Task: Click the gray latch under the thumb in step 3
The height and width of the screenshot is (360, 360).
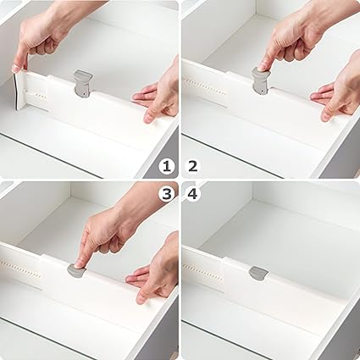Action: (75, 271)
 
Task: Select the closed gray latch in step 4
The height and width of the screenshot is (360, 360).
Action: (258, 273)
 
